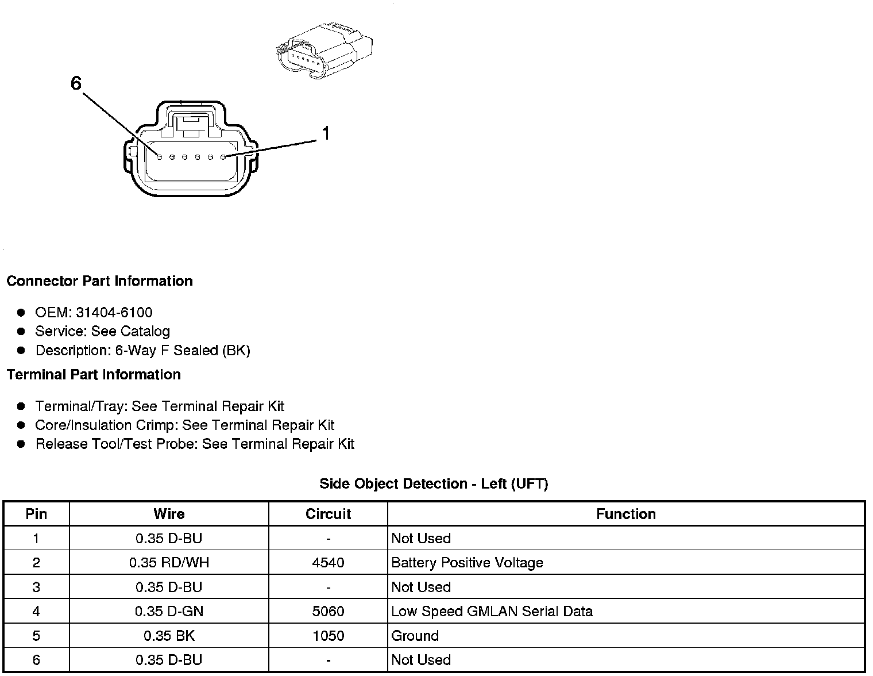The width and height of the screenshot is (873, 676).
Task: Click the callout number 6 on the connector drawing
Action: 76,84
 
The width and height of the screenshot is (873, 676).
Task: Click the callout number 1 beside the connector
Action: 326,134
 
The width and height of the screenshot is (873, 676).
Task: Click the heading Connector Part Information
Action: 99,281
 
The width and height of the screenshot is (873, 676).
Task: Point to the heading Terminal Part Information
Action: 94,375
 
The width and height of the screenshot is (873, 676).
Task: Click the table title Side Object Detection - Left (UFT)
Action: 434,484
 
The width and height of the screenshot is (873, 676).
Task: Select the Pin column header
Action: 36,514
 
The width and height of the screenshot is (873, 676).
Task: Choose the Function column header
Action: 626,514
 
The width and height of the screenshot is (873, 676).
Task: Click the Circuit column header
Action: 328,514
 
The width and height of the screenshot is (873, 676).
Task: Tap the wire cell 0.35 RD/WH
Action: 169,563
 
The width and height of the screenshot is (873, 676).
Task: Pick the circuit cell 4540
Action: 328,563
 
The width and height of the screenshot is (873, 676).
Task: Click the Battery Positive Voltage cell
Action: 467,563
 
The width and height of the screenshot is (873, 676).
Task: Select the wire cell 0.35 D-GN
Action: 169,612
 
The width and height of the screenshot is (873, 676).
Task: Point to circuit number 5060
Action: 328,612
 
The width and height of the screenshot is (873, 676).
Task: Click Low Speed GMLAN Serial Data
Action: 492,612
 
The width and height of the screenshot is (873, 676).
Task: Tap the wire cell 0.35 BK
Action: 169,636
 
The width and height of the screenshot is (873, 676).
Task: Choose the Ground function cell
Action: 415,636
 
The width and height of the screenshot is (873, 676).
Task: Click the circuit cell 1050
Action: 328,636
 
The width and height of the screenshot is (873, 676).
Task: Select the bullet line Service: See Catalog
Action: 102,332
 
